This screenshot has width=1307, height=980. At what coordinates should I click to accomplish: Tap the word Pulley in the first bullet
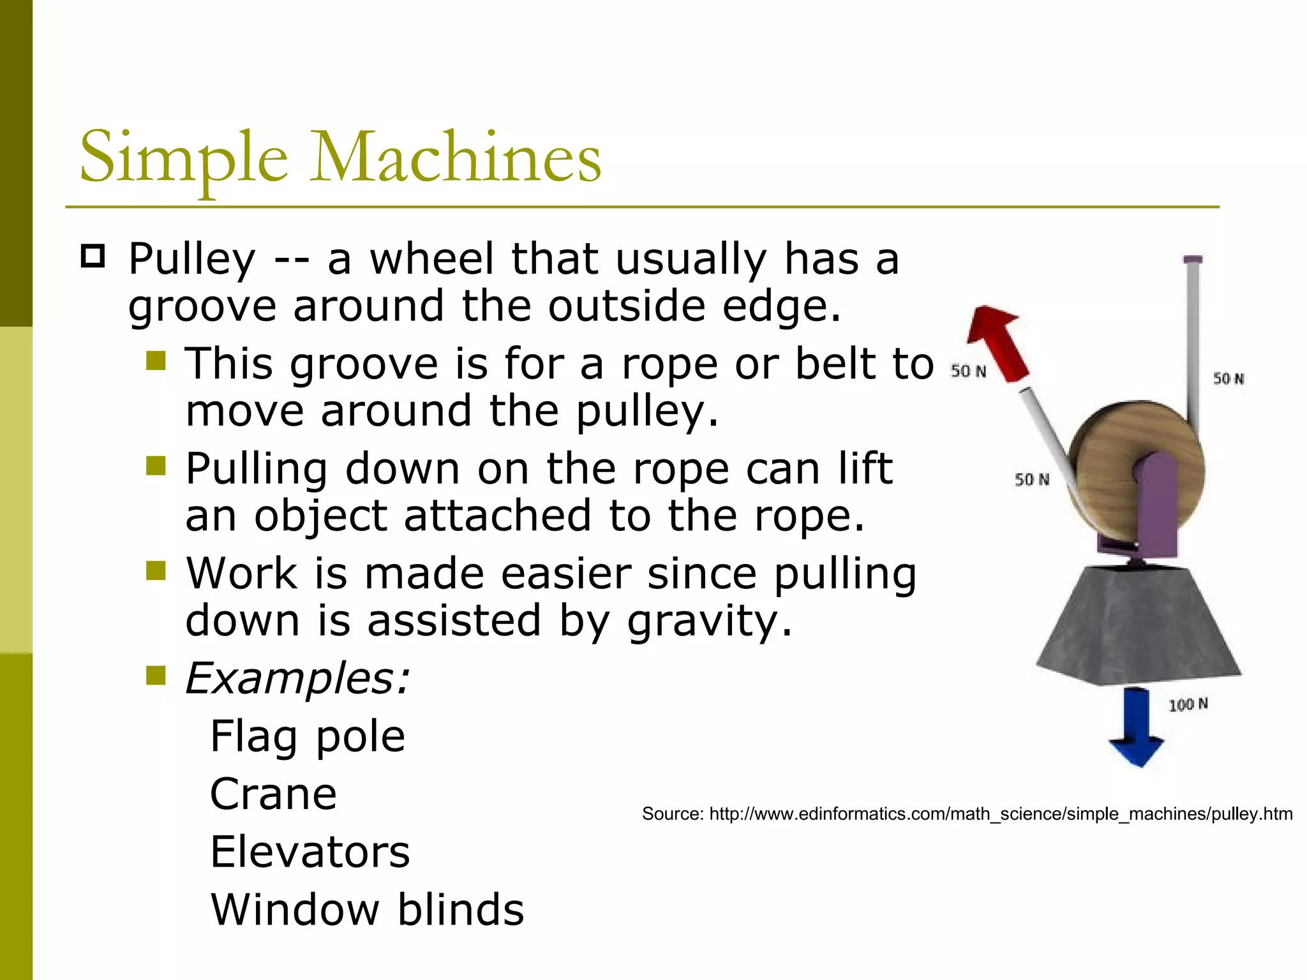(191, 260)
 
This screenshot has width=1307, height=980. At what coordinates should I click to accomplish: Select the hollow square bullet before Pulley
(93, 256)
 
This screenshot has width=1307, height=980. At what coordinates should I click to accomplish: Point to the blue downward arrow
(1136, 727)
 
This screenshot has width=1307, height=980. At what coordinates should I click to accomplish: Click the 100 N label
(1188, 704)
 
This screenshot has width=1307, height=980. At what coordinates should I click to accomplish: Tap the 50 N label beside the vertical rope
(1228, 378)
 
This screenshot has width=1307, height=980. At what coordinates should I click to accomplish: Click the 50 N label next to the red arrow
(968, 371)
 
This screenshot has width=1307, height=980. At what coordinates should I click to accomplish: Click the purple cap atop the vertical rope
(1192, 260)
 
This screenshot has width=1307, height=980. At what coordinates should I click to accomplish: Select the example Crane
(273, 794)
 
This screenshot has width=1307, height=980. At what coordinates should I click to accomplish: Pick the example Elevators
(310, 852)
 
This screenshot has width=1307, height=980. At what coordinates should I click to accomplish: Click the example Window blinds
(368, 909)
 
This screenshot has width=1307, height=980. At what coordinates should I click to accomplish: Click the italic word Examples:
(297, 678)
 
